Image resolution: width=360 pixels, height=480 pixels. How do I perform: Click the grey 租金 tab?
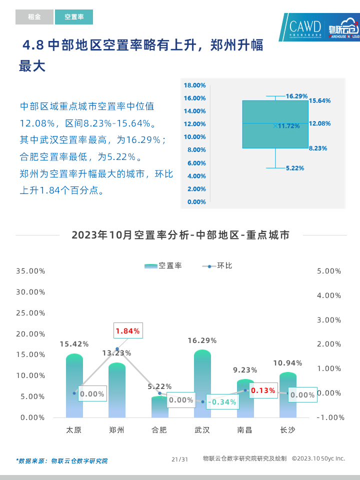[x=34, y=17]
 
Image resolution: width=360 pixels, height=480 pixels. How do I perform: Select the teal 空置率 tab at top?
[x=74, y=17]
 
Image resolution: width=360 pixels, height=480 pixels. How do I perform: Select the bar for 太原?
[x=74, y=386]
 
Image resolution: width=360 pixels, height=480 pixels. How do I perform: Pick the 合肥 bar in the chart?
[x=159, y=407]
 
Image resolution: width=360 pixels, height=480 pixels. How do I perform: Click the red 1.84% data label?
[x=127, y=331]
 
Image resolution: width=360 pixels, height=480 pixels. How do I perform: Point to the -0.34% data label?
[x=221, y=401]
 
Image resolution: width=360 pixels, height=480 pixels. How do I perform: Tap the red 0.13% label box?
[x=263, y=390]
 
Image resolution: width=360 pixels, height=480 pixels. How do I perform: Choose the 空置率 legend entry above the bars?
[x=163, y=265]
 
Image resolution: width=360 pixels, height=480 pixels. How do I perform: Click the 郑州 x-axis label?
[x=117, y=429]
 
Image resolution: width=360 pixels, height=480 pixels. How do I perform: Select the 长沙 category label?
[x=287, y=429]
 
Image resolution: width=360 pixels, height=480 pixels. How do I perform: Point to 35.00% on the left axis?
[x=31, y=271]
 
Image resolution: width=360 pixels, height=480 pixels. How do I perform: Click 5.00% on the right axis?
[x=329, y=271]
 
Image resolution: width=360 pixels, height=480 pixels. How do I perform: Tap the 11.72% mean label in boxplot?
[x=289, y=126]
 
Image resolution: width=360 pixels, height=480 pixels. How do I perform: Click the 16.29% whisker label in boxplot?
[x=296, y=95]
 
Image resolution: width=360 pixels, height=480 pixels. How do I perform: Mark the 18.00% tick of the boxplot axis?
[x=195, y=85]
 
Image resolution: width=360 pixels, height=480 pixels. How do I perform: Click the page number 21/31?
[x=179, y=459]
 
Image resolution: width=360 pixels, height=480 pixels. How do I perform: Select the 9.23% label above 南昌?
[x=245, y=370]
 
